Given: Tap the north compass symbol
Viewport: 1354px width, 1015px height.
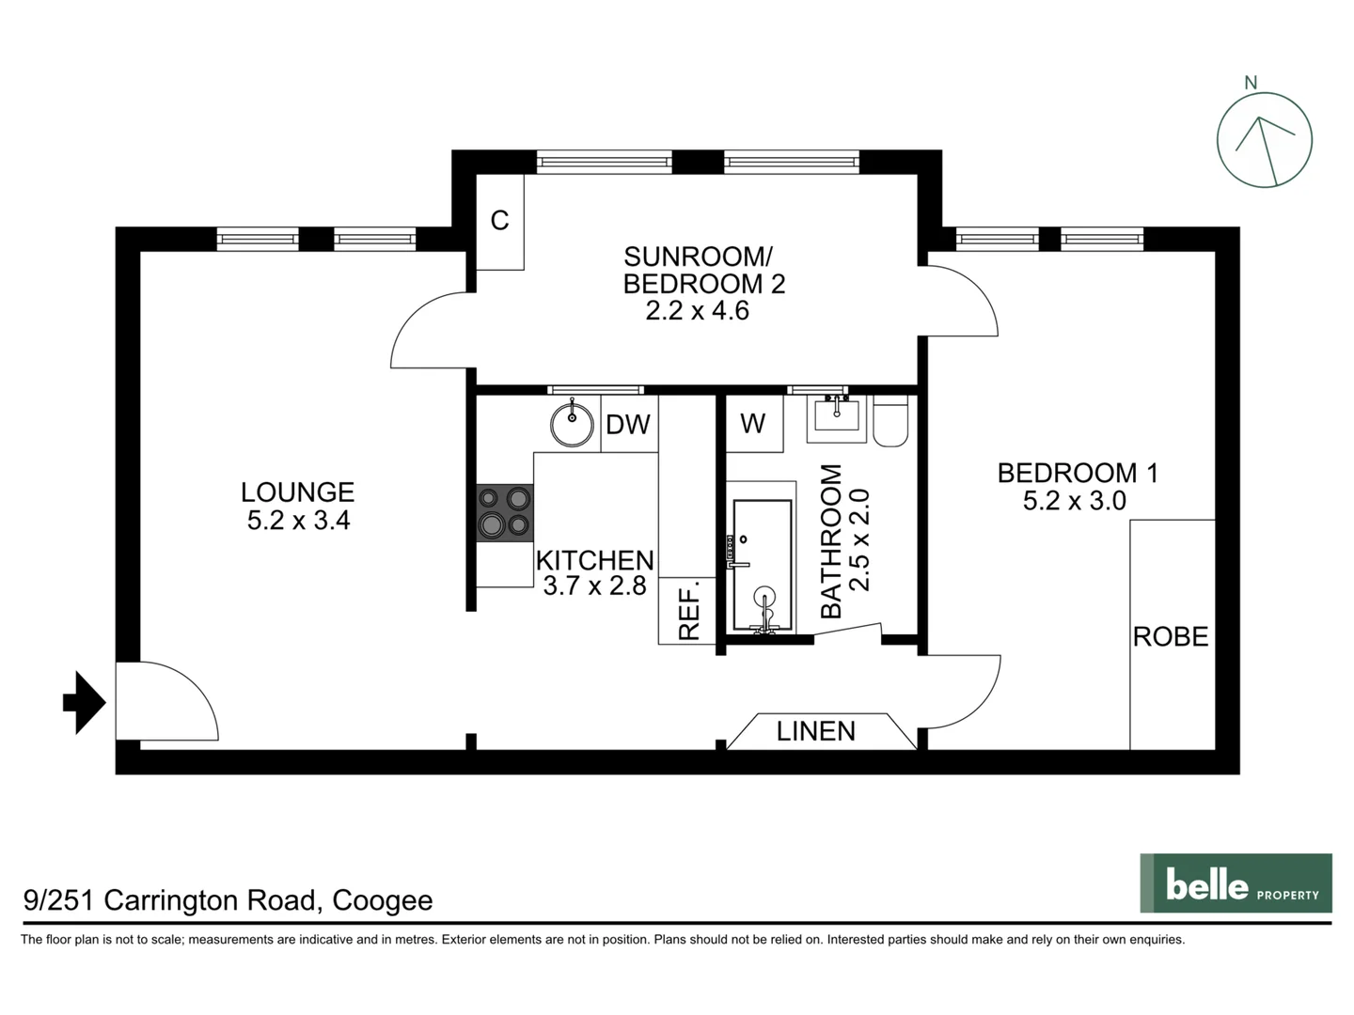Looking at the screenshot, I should [x=1264, y=140].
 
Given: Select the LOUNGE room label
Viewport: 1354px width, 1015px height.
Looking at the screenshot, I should [x=297, y=492].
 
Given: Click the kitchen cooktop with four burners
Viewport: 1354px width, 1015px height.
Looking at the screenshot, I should [x=505, y=512].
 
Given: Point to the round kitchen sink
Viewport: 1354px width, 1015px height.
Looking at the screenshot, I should [x=572, y=424].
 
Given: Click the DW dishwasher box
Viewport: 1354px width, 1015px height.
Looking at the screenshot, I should [x=628, y=425].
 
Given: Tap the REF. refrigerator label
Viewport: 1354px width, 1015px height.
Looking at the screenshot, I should [x=688, y=611].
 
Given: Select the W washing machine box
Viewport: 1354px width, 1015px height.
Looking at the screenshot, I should [x=753, y=424].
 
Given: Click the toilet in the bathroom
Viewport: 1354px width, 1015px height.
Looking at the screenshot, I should [x=890, y=421].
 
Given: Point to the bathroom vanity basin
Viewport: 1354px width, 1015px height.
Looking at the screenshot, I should [x=836, y=417].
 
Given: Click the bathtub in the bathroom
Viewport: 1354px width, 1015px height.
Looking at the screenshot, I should [x=763, y=565].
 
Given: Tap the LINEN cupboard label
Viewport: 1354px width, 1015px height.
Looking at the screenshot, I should [x=816, y=731].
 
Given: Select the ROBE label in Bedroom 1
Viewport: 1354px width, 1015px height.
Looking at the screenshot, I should [x=1171, y=637].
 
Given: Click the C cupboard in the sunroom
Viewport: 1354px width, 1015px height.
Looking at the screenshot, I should [x=499, y=221].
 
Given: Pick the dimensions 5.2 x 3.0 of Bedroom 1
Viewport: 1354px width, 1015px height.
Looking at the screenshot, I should [x=1074, y=501].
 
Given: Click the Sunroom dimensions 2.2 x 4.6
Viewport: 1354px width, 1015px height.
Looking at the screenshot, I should [x=697, y=311].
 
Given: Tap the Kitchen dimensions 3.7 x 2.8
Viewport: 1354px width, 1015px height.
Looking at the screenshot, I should [x=594, y=586].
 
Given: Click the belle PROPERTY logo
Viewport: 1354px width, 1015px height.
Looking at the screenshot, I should [x=1236, y=883].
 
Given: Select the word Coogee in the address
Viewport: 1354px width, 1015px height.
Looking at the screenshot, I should [x=383, y=900].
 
